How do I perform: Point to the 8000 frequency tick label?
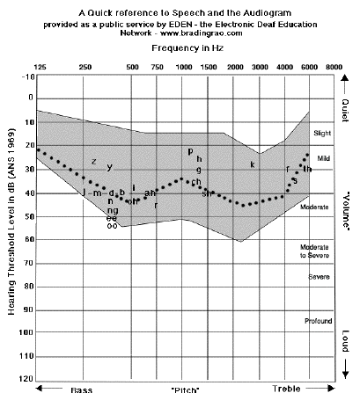point(334,67)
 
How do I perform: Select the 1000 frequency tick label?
point(184,67)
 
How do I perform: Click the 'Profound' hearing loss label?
point(318,320)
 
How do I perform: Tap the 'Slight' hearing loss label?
point(323,133)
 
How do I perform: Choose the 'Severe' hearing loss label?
point(319,277)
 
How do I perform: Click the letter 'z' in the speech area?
point(94,161)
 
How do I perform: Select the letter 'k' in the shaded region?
point(252,164)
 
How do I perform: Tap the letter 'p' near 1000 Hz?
point(190,150)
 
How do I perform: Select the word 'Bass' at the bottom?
point(82,388)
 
